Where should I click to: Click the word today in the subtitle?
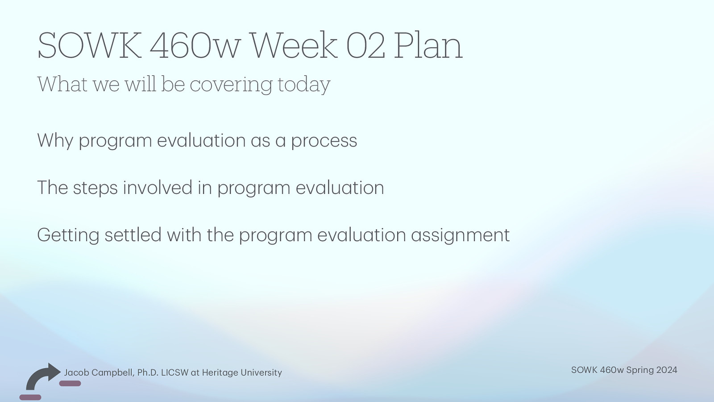[303, 84]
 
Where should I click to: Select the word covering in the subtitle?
[231, 84]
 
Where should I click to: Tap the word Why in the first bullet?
[55, 141]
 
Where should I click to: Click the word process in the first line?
[324, 141]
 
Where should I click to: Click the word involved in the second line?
[158, 188]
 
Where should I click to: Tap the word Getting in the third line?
[68, 235]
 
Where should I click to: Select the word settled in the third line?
[133, 235]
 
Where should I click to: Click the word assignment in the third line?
[460, 235]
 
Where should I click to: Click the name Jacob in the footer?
[76, 373]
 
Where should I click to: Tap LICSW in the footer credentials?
[174, 373]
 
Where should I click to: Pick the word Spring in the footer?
[640, 370]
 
